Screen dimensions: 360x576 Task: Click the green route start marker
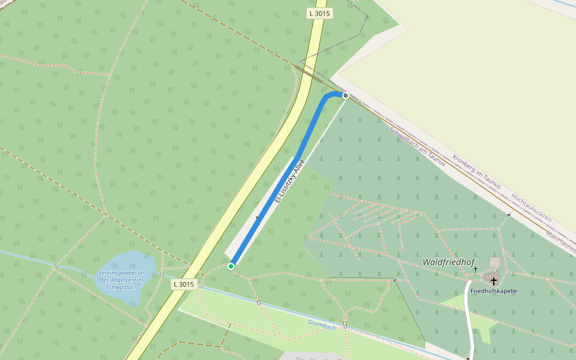[231, 266]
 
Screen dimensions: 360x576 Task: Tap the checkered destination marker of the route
[346, 95]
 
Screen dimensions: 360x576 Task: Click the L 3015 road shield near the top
[319, 13]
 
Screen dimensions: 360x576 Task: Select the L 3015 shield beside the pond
[184, 284]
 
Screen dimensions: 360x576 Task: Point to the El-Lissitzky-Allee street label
[289, 181]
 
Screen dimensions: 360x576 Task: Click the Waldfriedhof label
[448, 262]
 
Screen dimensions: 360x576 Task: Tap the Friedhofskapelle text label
[493, 291]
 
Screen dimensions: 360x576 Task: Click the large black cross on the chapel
[493, 281]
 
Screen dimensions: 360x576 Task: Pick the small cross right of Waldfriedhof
[475, 269]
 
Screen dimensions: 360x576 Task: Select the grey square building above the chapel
[494, 262]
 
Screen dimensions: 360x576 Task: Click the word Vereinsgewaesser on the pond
[122, 273]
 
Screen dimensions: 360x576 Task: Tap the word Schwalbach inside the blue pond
[122, 287]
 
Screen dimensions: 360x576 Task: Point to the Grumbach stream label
[322, 325]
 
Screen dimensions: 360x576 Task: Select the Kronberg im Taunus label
[476, 172]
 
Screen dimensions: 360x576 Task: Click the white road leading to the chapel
[469, 318]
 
